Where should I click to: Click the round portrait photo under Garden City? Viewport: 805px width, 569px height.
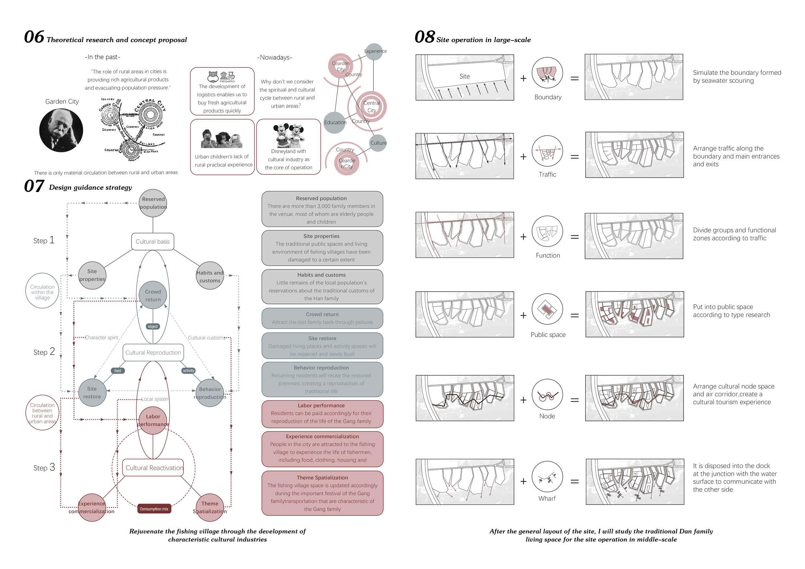point(61,130)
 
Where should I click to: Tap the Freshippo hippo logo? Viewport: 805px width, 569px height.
point(213,76)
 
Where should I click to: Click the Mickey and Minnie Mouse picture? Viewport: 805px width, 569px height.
point(288,135)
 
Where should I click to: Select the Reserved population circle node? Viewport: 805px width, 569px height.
point(153,203)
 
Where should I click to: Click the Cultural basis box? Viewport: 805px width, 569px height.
point(152,242)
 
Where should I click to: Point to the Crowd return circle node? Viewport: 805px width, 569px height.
point(153,296)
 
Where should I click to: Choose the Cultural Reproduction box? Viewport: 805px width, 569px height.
point(153,352)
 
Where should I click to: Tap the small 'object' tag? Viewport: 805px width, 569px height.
point(152,326)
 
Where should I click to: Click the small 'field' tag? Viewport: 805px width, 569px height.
point(117,370)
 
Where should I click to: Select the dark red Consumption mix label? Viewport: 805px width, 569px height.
point(154,509)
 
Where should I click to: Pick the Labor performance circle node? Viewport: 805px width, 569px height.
point(153,420)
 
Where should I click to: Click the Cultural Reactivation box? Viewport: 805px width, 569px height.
point(153,468)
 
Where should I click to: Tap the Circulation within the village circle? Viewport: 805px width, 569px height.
point(43,291)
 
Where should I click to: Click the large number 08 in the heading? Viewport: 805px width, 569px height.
point(425,37)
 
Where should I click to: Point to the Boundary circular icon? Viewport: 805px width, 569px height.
point(547,73)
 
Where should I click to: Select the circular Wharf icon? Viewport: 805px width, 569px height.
point(547,477)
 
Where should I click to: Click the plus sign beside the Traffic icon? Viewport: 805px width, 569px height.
point(523,156)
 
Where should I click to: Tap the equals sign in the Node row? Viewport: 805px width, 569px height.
point(574,400)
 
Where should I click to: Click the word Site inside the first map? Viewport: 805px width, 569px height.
point(465,77)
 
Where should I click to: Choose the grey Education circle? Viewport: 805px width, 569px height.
point(335,122)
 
